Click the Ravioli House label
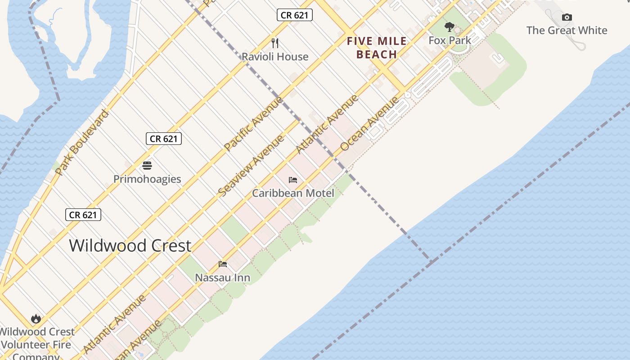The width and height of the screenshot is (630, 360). pyautogui.click(x=275, y=57)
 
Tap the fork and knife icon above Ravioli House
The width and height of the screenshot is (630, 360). pyautogui.click(x=275, y=43)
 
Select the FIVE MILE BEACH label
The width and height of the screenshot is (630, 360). pyautogui.click(x=377, y=48)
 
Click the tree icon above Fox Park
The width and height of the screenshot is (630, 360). pyautogui.click(x=449, y=27)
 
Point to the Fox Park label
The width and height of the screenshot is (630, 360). pyautogui.click(x=450, y=40)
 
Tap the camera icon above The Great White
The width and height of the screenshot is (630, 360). pyautogui.click(x=567, y=18)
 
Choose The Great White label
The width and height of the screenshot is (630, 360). pyautogui.click(x=567, y=31)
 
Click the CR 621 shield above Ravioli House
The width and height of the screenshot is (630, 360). pyautogui.click(x=294, y=15)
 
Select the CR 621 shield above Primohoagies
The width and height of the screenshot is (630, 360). pyautogui.click(x=164, y=139)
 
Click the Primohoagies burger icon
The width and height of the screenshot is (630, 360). pyautogui.click(x=147, y=166)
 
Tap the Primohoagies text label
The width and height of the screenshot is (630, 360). pyautogui.click(x=147, y=179)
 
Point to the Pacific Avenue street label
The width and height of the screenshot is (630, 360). pyautogui.click(x=253, y=123)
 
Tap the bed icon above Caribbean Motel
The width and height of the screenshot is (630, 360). pyautogui.click(x=293, y=180)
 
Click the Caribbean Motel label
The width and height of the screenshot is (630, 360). pyautogui.click(x=293, y=193)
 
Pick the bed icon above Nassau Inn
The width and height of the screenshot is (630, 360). pyautogui.click(x=223, y=264)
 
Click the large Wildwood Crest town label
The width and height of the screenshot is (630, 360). pyautogui.click(x=130, y=246)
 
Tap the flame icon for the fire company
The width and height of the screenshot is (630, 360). pyautogui.click(x=36, y=319)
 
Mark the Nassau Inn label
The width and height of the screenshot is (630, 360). pyautogui.click(x=222, y=278)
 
